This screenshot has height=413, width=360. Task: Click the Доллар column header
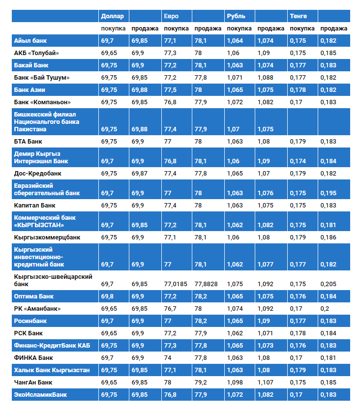click(112, 16)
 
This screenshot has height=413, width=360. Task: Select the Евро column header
click(172, 16)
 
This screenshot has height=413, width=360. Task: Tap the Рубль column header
click(236, 16)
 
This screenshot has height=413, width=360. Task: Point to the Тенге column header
click(299, 16)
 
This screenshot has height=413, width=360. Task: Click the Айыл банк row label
click(30, 40)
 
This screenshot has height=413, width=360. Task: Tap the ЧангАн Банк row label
click(34, 382)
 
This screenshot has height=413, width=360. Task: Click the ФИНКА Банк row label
click(33, 357)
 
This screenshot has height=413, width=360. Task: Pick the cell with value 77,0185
click(176, 284)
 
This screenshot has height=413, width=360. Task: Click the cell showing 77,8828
click(206, 284)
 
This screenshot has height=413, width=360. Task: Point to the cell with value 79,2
click(200, 382)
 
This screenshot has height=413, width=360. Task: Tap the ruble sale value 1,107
click(265, 382)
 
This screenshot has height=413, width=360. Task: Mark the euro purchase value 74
click(168, 357)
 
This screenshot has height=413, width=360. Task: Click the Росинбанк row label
click(30, 321)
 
